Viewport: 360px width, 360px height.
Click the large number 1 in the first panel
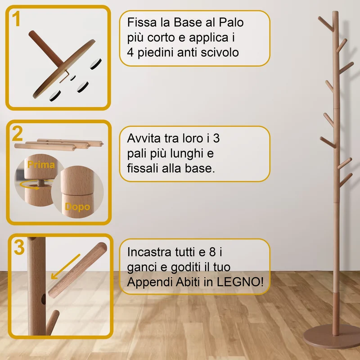point(16,19)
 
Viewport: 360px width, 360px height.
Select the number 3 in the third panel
point(19,247)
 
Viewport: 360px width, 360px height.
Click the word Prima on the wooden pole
point(41,165)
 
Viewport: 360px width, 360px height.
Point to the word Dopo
point(77,207)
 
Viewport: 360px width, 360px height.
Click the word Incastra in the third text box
point(149,252)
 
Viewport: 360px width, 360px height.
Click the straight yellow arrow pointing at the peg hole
point(65,266)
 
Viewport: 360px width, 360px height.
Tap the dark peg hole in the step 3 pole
point(43,300)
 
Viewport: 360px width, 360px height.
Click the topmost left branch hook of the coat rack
point(326,24)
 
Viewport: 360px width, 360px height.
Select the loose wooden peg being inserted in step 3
point(77,270)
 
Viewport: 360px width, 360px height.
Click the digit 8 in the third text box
point(212,252)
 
